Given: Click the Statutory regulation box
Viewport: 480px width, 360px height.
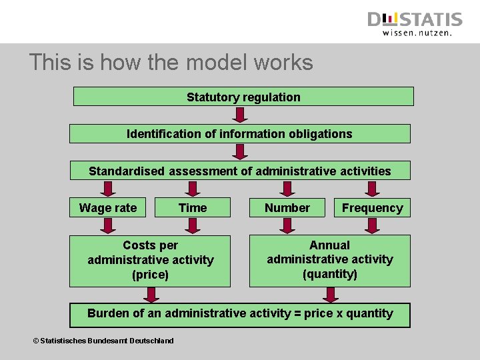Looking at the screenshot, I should (243, 97).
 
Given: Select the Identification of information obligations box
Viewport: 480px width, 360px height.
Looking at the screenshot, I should (239, 134).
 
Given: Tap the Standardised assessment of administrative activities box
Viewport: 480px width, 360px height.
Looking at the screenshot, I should (239, 171).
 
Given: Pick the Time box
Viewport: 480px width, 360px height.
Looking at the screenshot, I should (193, 208).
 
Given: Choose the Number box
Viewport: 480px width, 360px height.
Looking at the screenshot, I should (287, 208).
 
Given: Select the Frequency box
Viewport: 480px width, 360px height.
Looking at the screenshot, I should (372, 208).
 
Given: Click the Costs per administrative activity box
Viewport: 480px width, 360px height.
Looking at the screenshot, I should (150, 260).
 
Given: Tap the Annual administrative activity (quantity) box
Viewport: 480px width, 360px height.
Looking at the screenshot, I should (330, 260).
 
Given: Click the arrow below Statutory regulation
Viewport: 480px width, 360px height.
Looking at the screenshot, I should (241, 114).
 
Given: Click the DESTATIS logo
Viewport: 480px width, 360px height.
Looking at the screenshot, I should (415, 19).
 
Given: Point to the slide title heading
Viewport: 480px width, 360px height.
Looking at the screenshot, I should (171, 63).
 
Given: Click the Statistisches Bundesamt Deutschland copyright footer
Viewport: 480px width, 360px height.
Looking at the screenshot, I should (103, 341).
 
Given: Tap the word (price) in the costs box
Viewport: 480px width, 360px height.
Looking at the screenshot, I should (151, 274).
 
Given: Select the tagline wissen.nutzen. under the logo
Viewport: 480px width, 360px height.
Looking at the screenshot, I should (417, 32).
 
